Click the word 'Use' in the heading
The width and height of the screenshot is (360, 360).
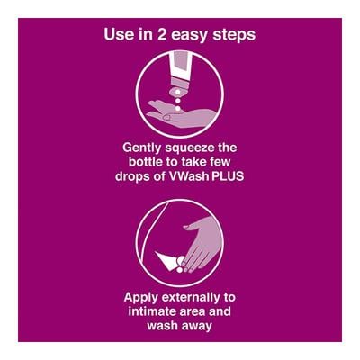coord(119,35)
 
